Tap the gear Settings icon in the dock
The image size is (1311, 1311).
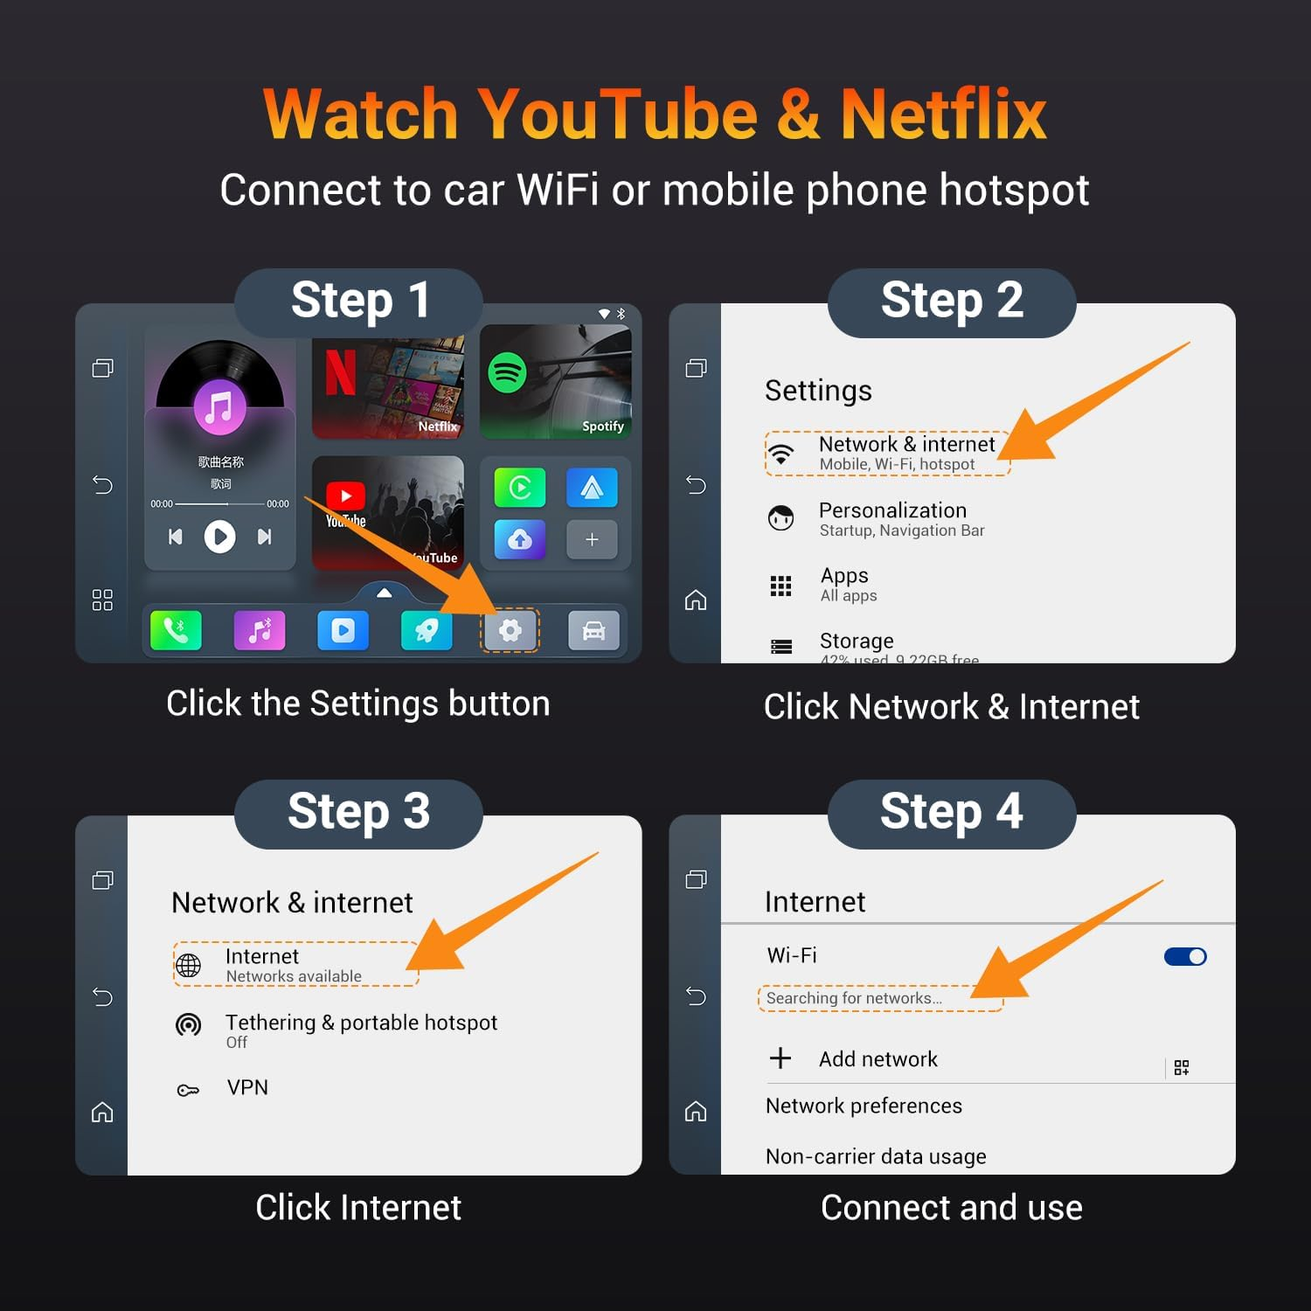(x=510, y=630)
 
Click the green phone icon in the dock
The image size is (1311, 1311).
(x=176, y=630)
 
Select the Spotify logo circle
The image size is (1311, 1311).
(x=507, y=373)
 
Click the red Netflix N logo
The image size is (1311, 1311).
(x=341, y=373)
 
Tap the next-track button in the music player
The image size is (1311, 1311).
(x=264, y=537)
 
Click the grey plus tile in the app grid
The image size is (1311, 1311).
(x=592, y=539)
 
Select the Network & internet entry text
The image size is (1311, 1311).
(x=906, y=445)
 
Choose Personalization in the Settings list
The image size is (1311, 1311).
(x=892, y=510)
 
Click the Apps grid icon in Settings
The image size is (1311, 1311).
(x=780, y=586)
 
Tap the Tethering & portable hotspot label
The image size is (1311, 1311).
(x=361, y=1023)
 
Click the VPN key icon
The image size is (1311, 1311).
(x=188, y=1090)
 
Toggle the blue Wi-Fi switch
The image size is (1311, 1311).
(x=1185, y=957)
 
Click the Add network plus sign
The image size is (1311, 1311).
(x=780, y=1058)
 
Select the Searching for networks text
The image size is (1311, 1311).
(x=854, y=998)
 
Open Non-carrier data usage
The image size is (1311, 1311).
(x=876, y=1156)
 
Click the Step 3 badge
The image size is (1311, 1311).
(x=358, y=812)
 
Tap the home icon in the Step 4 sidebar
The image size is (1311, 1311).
(x=696, y=1112)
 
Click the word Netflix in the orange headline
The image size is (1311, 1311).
(x=943, y=114)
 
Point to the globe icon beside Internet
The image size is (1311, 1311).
(x=189, y=965)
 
